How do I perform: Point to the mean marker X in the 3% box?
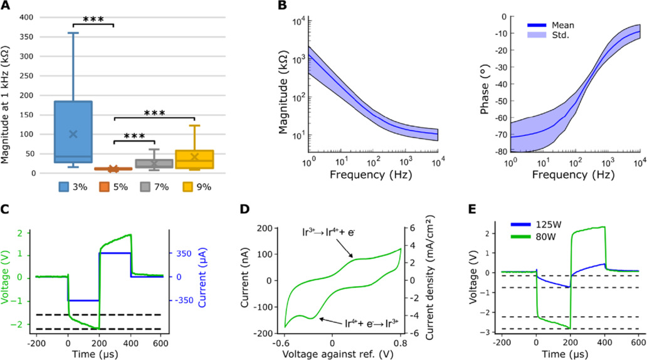click(73, 134)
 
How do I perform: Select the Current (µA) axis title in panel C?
click(203, 277)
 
